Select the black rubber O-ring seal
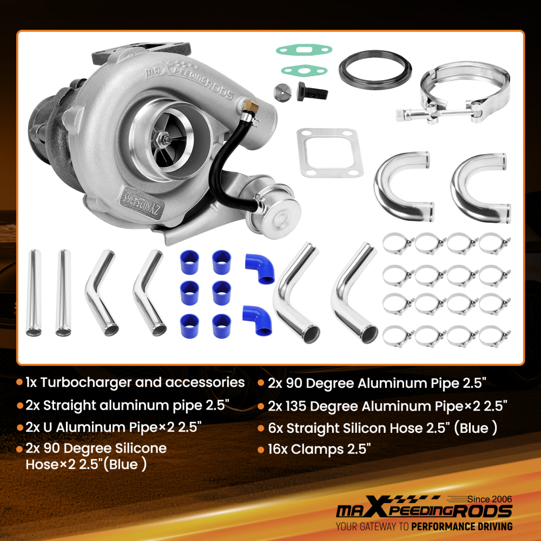pyautogui.click(x=375, y=69)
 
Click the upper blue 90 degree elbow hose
pyautogui.click(x=261, y=268)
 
